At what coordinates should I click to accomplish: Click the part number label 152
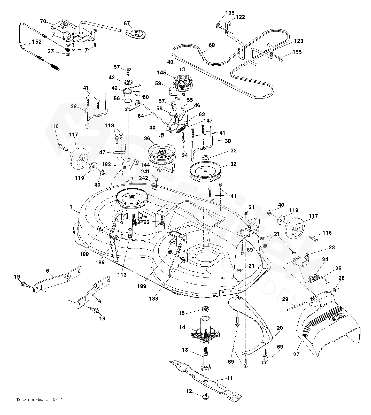point(37,42)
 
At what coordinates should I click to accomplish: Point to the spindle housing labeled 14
point(206,332)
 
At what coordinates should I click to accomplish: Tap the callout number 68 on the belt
point(212,45)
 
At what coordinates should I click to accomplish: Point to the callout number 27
point(296,354)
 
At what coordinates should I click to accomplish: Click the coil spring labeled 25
point(315,279)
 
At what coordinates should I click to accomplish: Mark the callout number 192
point(106,164)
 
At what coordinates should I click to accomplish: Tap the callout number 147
point(208,121)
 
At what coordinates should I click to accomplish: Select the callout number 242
point(143,178)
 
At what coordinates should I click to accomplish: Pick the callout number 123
point(298,41)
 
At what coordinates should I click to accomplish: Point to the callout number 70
point(43,21)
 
